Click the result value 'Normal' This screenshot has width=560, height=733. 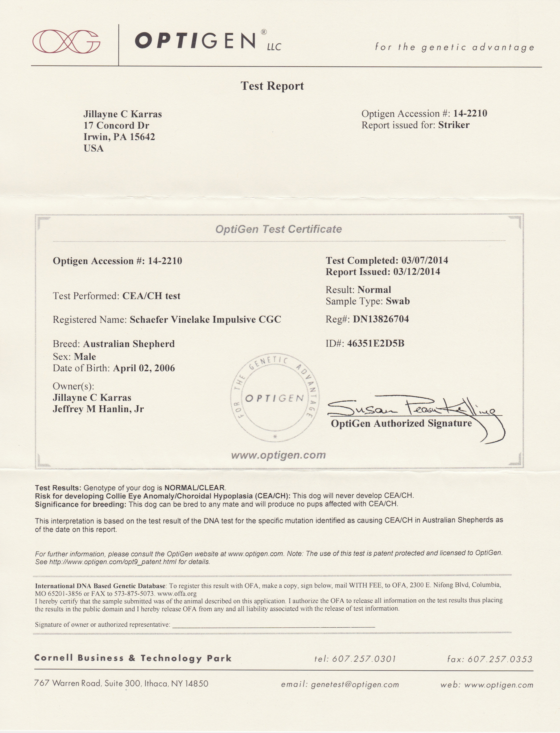[x=374, y=290]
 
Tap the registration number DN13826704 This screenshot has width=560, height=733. [x=381, y=319]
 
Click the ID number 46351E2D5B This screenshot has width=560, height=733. [x=376, y=343]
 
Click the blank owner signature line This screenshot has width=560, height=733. [x=273, y=625]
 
